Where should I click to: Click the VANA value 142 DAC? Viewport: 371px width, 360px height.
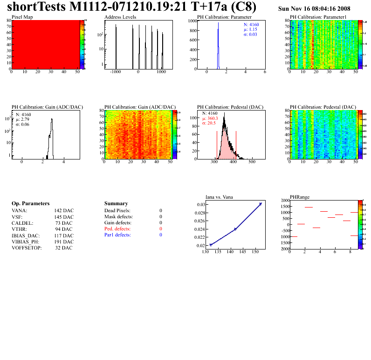[64, 211]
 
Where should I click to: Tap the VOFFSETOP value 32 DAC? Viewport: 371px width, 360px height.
[64, 248]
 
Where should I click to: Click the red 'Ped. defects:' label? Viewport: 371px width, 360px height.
[117, 229]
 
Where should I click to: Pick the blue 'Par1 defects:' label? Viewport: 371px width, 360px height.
[117, 235]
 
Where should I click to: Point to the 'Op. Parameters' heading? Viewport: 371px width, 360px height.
[30, 204]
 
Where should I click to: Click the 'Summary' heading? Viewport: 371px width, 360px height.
[116, 204]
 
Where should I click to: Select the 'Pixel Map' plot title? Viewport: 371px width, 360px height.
[21, 17]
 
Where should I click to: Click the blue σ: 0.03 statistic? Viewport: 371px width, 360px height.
[251, 35]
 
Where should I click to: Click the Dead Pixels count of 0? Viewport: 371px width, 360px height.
[161, 211]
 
